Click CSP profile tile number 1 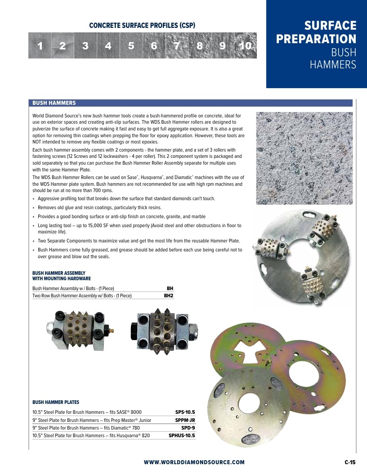[x=40, y=45]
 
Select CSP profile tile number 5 [x=131, y=45]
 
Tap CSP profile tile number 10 [x=246, y=45]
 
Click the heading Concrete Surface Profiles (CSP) [x=142, y=26]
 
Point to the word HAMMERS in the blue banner [x=333, y=64]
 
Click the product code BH [x=170, y=288]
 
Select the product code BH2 [x=168, y=296]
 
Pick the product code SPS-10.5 [x=185, y=412]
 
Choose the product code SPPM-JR [x=185, y=420]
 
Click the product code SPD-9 [x=188, y=428]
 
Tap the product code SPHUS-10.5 [x=182, y=435]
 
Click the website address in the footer [x=194, y=462]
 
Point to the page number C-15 [x=350, y=462]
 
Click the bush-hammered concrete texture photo [x=304, y=158]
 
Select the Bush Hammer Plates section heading [x=56, y=402]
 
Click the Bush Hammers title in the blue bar [x=54, y=103]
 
